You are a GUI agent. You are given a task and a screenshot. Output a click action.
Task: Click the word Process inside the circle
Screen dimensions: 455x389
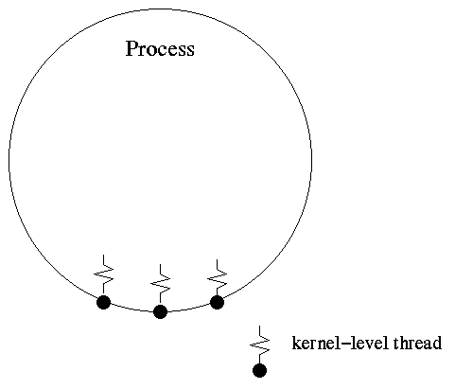160,48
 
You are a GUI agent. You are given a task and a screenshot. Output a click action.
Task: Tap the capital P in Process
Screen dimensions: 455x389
131,48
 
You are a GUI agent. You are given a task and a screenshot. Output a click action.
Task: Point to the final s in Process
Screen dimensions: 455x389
190,51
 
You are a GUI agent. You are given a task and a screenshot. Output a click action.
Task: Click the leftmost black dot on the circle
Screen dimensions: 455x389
103,302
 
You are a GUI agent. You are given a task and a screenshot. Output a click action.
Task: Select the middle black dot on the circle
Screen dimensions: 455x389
160,311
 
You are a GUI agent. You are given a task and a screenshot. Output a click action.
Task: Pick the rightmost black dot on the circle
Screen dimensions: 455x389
217,302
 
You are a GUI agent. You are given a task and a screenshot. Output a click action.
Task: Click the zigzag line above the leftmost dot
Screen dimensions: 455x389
103,275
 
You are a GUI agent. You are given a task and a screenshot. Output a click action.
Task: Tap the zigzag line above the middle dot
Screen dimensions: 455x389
160,285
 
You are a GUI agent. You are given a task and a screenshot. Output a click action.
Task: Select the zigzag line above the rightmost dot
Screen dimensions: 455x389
217,277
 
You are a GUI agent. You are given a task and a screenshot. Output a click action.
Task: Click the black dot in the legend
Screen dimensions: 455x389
259,370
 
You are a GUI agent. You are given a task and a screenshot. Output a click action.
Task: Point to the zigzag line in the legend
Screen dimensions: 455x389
259,345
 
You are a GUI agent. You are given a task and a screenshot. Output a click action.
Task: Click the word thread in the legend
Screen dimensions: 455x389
417,343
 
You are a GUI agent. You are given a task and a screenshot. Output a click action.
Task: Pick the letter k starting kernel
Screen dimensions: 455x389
297,343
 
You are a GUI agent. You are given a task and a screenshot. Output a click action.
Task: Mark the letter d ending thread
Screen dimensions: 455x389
437,343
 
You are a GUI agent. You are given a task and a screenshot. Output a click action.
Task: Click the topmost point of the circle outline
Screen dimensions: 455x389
161,9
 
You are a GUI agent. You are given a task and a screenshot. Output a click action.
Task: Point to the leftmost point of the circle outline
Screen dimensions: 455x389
9,160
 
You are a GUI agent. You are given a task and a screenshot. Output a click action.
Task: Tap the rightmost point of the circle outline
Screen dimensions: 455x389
312,160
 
